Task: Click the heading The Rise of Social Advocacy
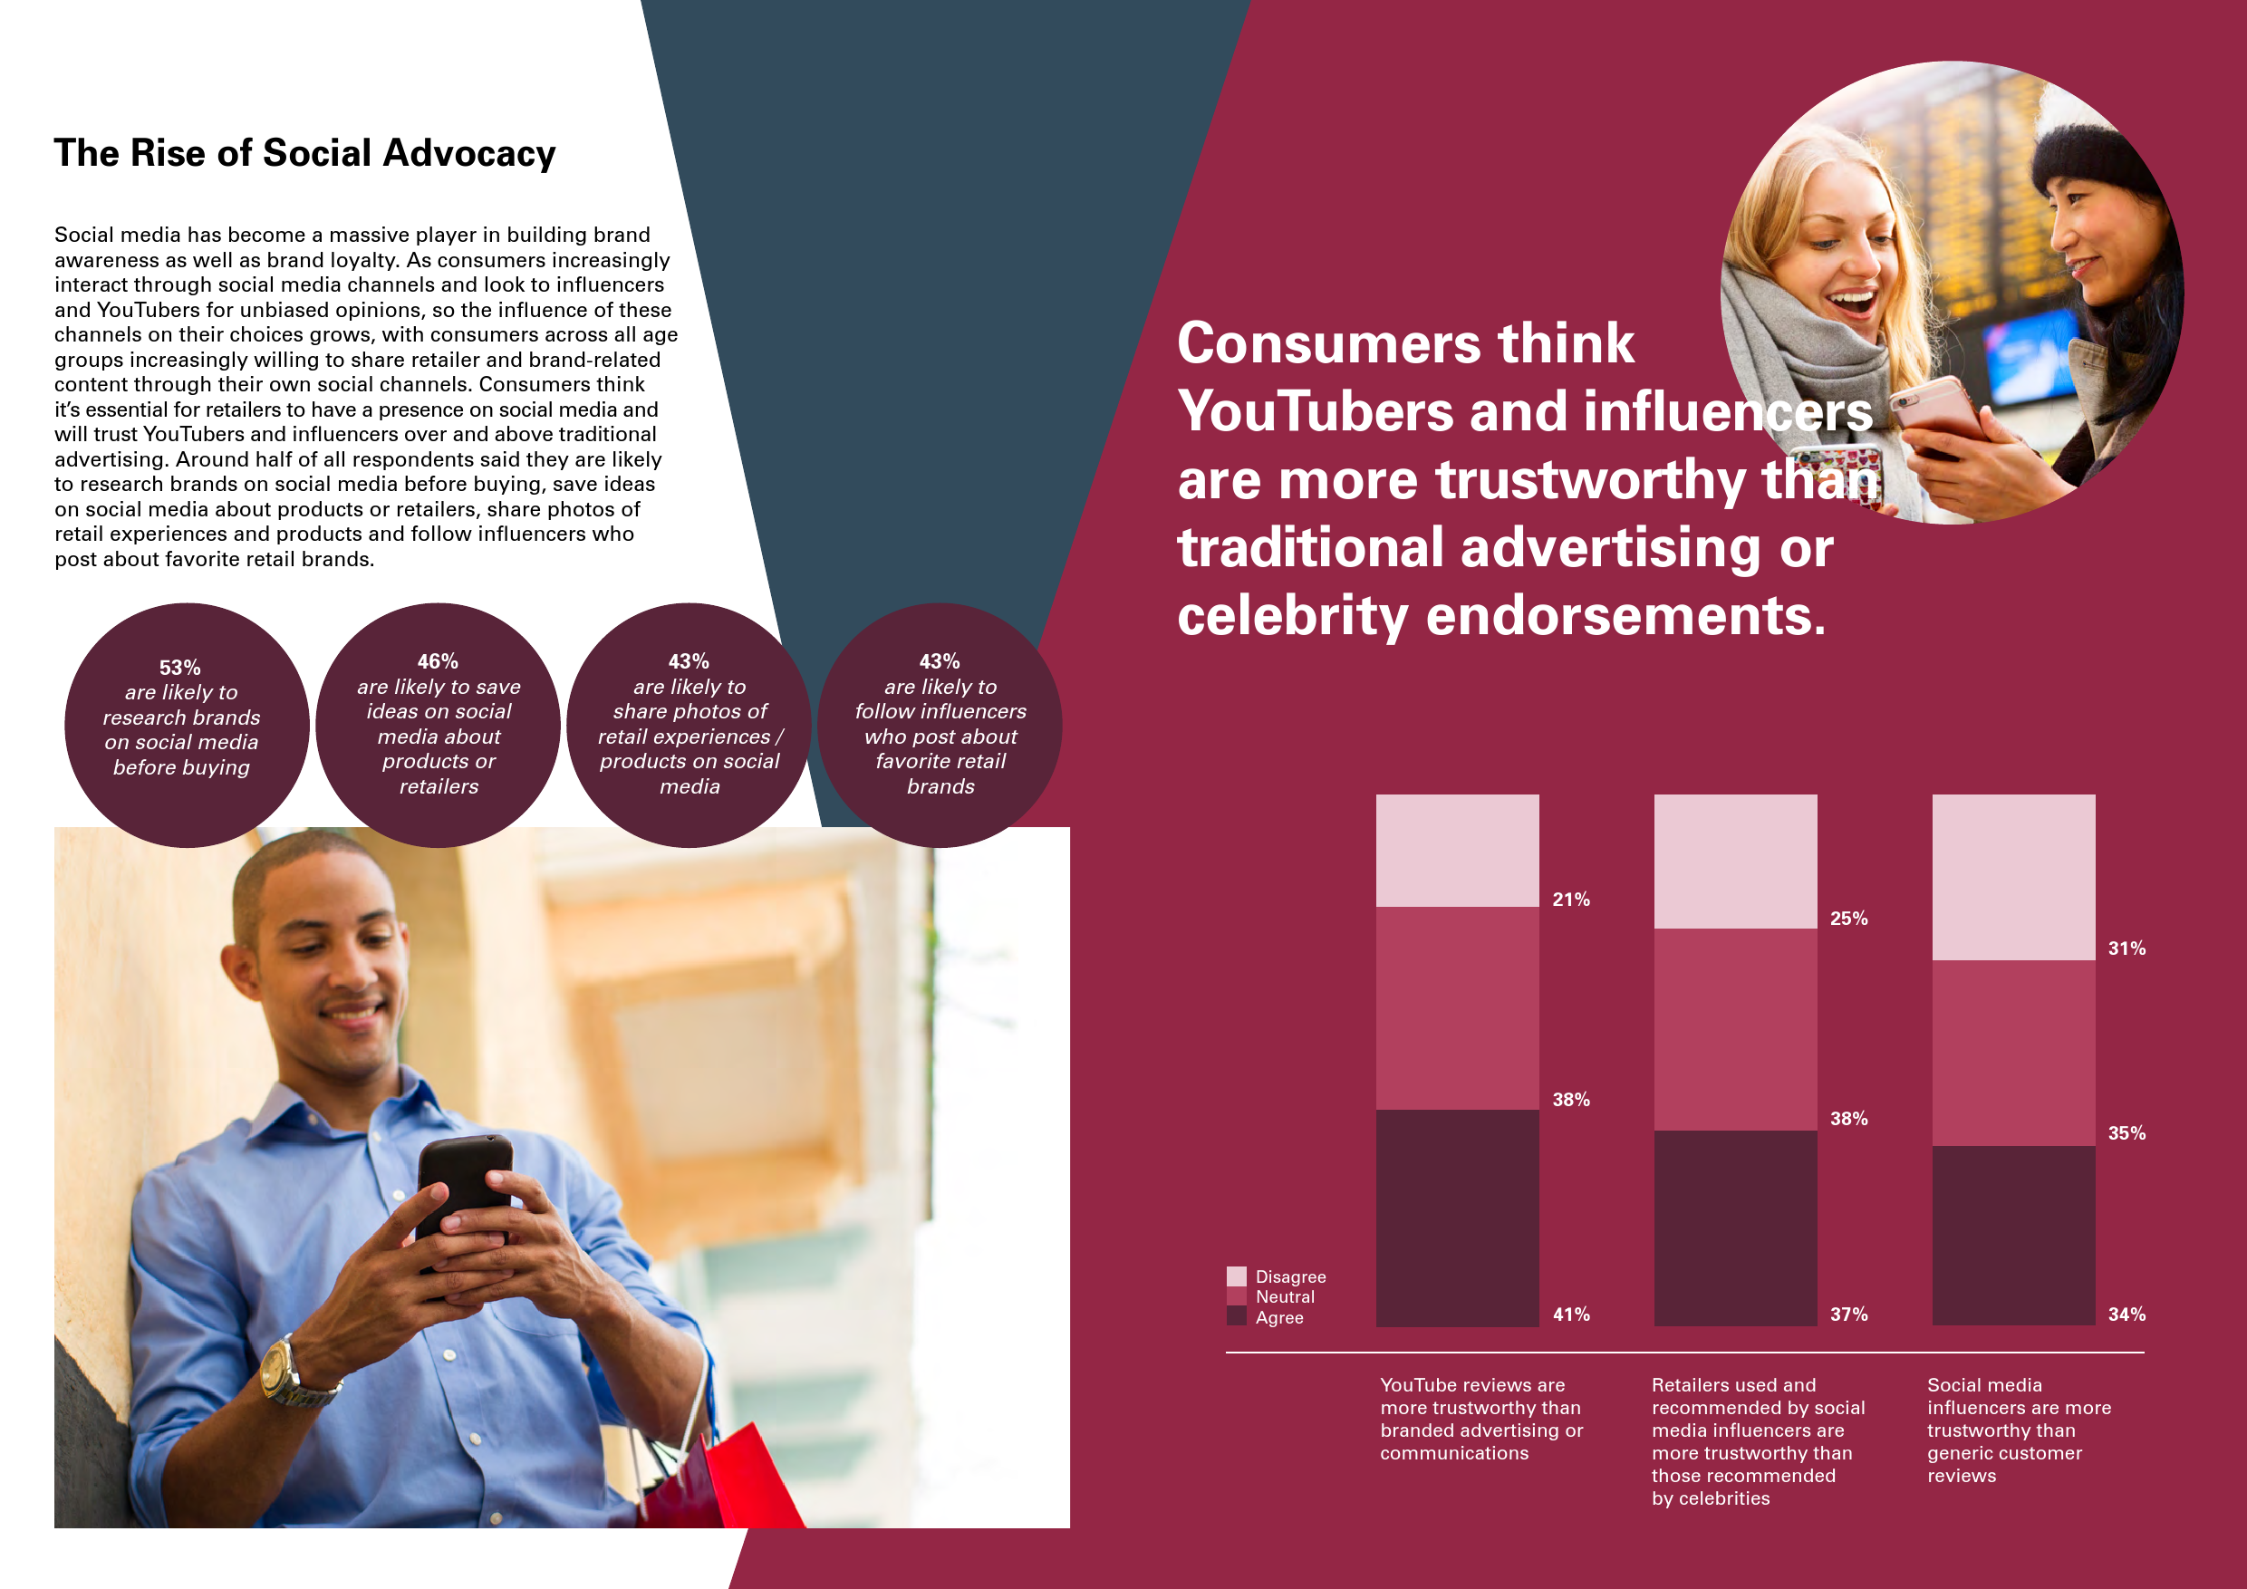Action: point(304,154)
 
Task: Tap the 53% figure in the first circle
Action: point(180,668)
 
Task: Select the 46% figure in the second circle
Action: point(438,661)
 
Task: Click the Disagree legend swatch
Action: point(1236,1276)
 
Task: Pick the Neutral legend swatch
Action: point(1236,1296)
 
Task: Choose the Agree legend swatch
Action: point(1236,1316)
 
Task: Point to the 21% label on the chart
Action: point(1571,900)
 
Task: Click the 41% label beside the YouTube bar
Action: point(1571,1315)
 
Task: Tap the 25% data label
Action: point(1848,918)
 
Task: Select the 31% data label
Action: point(2126,949)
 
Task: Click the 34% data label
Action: point(2126,1315)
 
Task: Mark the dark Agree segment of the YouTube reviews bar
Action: point(1457,1218)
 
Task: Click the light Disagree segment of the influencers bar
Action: point(2013,877)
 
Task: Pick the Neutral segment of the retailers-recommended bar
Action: point(1735,1029)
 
